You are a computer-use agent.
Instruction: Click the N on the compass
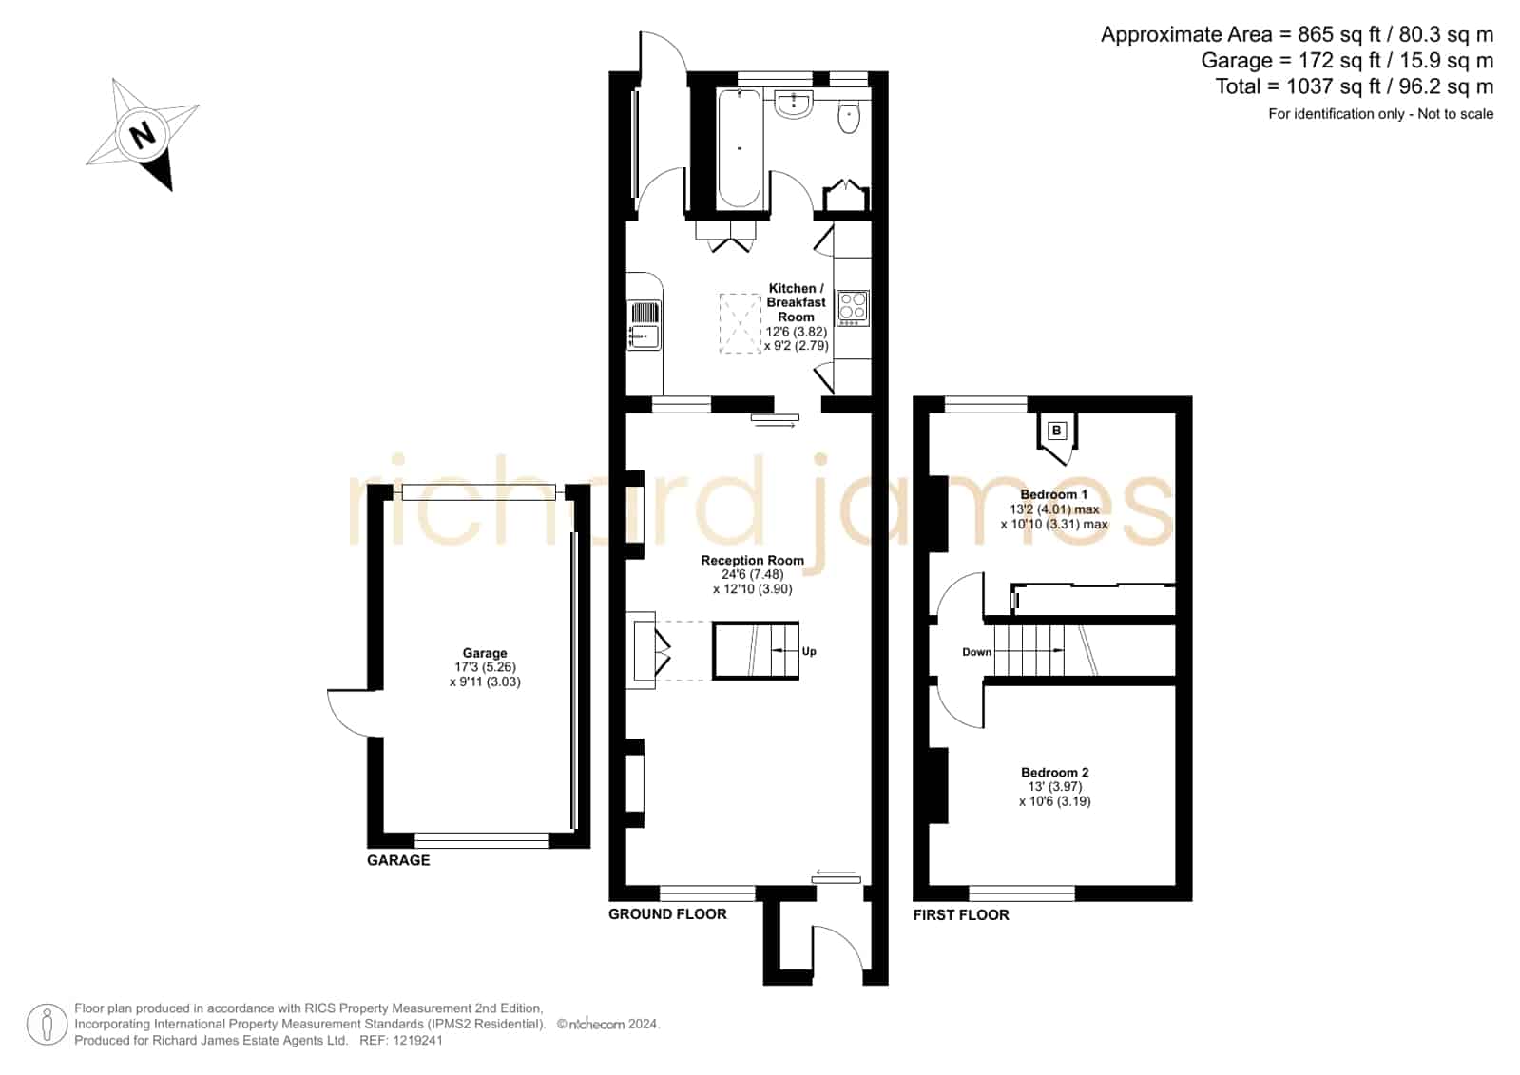point(143,134)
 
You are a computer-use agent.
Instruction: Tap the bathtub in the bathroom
point(739,148)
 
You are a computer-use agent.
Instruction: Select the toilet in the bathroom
point(849,118)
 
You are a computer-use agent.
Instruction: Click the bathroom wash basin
point(793,105)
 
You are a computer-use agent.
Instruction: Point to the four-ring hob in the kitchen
point(853,307)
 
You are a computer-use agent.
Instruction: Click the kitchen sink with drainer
point(644,326)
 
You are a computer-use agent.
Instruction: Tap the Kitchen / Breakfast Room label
point(796,302)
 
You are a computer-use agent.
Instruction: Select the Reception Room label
point(752,560)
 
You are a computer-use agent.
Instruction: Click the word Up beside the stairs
point(809,651)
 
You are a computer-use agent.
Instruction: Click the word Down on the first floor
point(976,651)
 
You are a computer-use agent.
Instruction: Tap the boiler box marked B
point(1056,431)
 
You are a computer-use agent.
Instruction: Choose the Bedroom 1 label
point(1054,494)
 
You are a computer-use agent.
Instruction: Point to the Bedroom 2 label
point(1054,772)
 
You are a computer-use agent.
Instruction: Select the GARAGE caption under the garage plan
point(398,860)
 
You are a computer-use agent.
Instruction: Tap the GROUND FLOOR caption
point(667,913)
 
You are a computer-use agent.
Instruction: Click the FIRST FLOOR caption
point(961,914)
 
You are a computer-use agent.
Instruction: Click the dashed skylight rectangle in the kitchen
point(740,323)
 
